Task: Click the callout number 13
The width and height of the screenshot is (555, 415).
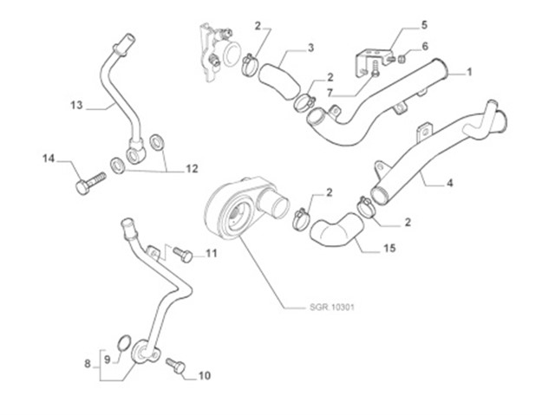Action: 75,106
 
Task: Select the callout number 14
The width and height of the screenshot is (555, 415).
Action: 49,159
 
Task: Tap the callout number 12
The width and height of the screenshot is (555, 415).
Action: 192,169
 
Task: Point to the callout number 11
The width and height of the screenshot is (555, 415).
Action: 211,254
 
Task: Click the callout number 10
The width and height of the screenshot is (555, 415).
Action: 205,376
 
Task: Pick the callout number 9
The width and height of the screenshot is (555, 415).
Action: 107,359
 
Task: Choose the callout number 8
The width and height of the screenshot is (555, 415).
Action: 88,365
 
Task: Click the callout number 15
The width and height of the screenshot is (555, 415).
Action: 389,248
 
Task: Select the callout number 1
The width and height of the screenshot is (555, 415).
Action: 469,73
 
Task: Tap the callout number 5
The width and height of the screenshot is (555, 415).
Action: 424,24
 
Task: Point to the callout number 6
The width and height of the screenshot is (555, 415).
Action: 425,46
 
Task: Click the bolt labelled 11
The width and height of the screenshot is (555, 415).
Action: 182,255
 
